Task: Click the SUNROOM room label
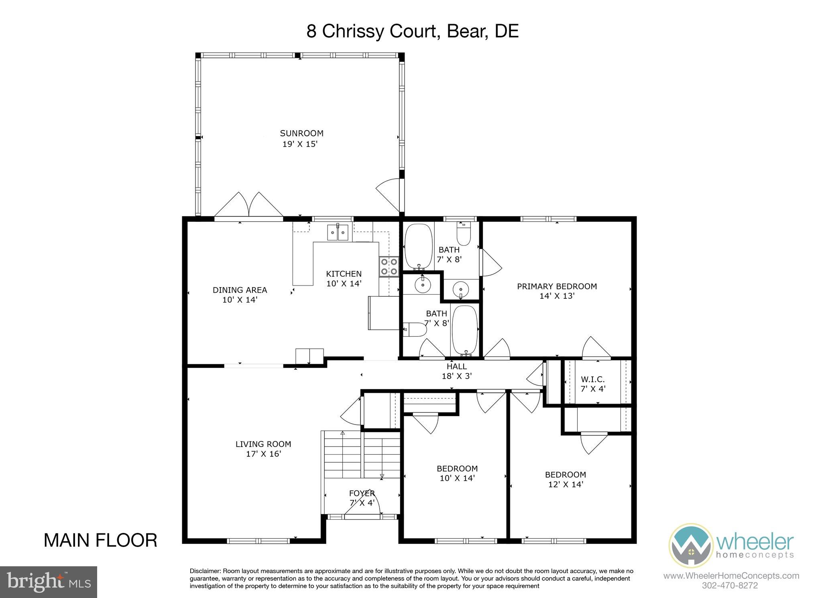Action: tap(301, 133)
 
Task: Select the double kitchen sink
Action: tap(338, 232)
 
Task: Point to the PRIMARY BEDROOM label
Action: tap(557, 286)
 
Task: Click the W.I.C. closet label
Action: tap(592, 379)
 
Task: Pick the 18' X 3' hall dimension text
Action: tap(456, 376)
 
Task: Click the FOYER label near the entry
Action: tap(362, 493)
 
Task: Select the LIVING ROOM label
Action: tap(263, 444)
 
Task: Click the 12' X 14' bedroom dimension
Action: tap(565, 485)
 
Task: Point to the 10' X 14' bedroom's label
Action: tap(457, 468)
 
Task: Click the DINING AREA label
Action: tap(240, 290)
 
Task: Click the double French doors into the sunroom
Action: tap(249, 206)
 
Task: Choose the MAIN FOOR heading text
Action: tap(100, 541)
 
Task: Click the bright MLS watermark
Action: tap(48, 582)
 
